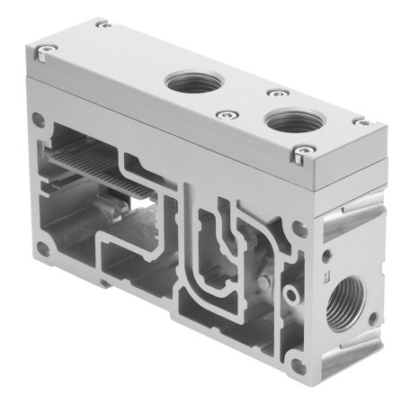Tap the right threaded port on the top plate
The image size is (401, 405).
pyautogui.click(x=291, y=121)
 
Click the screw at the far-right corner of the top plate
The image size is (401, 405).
pyautogui.click(x=361, y=120)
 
